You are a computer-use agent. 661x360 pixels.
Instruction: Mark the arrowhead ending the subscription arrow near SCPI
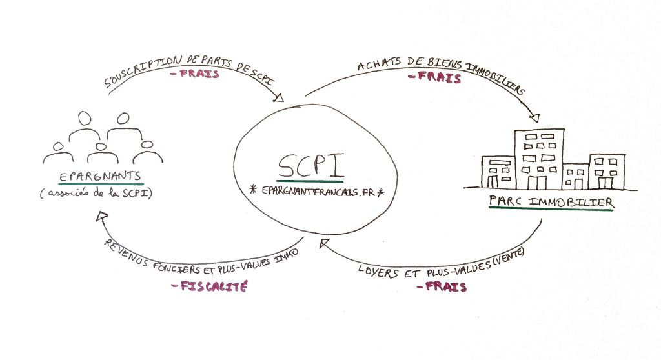[279, 98]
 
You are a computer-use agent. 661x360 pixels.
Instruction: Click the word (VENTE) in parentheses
[507, 257]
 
